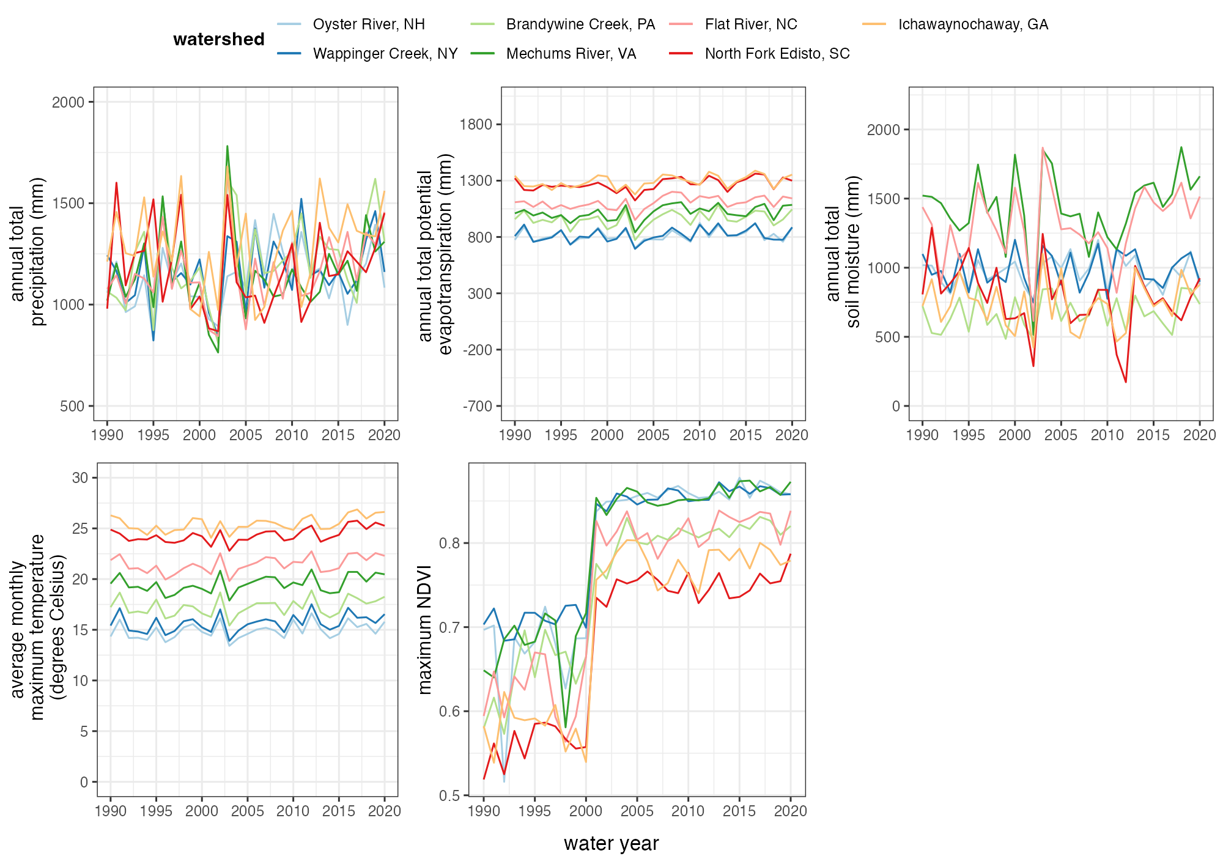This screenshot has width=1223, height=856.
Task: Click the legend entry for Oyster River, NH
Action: pos(368,24)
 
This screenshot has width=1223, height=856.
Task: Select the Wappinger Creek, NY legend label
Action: pos(385,54)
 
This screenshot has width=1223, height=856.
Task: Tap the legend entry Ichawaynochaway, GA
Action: pos(972,24)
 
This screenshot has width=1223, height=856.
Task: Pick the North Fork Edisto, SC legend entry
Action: pos(777,54)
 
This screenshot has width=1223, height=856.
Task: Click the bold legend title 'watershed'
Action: pos(218,39)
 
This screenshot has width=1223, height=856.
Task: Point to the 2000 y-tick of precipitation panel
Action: pos(68,102)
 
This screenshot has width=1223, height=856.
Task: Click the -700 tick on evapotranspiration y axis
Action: pos(478,406)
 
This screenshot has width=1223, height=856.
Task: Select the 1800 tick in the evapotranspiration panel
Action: pos(476,124)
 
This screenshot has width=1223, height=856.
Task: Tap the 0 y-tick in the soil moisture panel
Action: pos(896,406)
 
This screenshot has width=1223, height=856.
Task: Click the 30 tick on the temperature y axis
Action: pos(80,478)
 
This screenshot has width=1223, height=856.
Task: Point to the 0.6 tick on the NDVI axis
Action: pos(449,711)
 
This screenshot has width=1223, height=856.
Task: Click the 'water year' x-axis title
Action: pos(611,843)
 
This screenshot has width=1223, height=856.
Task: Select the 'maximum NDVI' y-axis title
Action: pos(424,630)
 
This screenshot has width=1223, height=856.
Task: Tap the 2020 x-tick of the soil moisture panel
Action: pos(1199,435)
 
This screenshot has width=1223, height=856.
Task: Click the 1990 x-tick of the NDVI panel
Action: pos(484,811)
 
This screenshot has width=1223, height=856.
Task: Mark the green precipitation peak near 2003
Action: pos(227,146)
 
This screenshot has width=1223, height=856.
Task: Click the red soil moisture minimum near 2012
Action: pos(1125,382)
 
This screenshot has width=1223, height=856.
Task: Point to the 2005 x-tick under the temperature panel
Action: pos(247,811)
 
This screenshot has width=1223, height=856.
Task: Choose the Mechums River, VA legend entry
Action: pos(571,54)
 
